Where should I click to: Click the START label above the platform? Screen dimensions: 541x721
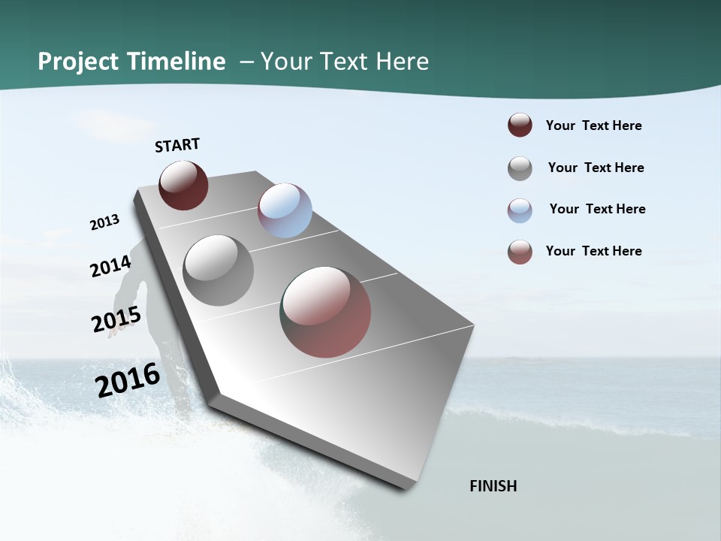tap(177, 145)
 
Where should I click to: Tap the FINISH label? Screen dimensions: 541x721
tap(493, 486)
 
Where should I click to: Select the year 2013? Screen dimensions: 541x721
tap(104, 222)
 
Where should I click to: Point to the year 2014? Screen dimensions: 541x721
tap(111, 267)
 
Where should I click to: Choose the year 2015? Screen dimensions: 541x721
tap(116, 319)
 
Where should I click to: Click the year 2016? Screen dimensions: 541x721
tap(128, 379)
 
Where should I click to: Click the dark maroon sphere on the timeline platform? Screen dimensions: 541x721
tap(183, 186)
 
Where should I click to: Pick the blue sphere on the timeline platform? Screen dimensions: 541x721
tap(285, 210)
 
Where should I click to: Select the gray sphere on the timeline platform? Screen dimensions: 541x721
tap(219, 270)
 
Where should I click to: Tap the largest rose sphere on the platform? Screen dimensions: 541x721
tap(326, 312)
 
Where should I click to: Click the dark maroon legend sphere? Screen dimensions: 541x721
tap(520, 125)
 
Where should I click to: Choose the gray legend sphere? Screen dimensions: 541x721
tap(520, 168)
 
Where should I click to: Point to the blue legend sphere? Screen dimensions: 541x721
tap(520, 210)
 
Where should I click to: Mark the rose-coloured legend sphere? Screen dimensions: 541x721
tap(520, 252)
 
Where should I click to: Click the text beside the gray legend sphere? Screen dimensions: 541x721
tap(596, 168)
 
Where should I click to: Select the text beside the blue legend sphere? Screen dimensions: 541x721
tap(597, 209)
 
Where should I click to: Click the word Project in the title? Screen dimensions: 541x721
tap(79, 62)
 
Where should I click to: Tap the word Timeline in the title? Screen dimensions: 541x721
tap(177, 62)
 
